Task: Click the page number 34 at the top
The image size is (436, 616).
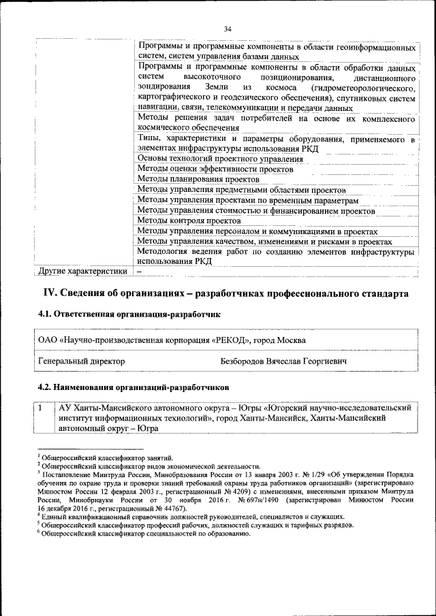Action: pos(228,29)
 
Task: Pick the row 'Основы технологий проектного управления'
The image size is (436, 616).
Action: pos(220,159)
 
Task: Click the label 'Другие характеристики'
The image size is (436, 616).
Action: pos(82,272)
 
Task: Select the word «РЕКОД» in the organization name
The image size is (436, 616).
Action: pos(233,339)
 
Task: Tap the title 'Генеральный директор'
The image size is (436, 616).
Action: pos(82,361)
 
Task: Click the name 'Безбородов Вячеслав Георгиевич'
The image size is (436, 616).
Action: pos(283,361)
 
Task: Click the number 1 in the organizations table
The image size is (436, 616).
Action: pos(42,408)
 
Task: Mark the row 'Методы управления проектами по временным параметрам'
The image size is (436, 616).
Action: pos(247,201)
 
